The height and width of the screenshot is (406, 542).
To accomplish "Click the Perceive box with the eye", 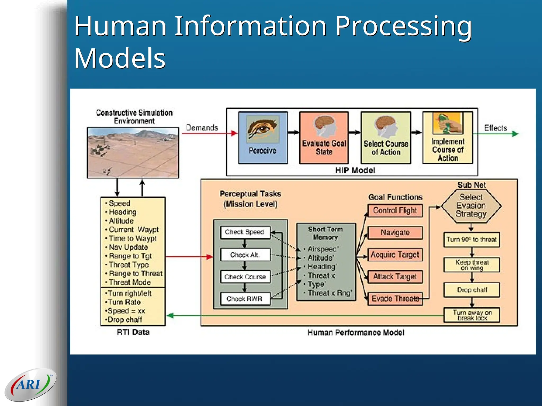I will [263, 138].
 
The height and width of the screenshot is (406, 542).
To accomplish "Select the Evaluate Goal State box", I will [324, 138].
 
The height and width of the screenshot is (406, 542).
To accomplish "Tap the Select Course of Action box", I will [386, 138].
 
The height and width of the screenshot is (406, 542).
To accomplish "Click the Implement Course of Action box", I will [448, 138].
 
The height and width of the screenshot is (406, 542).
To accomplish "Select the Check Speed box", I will [245, 232].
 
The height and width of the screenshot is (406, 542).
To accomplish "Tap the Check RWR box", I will [245, 299].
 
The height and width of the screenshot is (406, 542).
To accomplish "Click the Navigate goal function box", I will [395, 233].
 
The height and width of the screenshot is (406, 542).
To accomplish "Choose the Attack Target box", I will [395, 277].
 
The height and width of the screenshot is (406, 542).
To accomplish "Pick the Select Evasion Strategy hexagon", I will [471, 206].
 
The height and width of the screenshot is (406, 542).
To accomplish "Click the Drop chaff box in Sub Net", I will [472, 290].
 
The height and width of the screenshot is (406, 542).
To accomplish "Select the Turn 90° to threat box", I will [472, 240].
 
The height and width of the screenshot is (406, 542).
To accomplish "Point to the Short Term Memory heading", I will [326, 233].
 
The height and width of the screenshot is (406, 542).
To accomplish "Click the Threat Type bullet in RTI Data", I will [129, 265].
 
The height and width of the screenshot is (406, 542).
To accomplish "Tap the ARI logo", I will [30, 385].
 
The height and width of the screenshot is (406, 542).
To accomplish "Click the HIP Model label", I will [355, 170].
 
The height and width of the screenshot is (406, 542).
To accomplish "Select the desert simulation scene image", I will [133, 153].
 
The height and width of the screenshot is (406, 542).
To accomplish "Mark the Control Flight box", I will [395, 211].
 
